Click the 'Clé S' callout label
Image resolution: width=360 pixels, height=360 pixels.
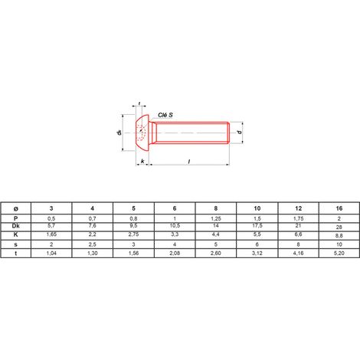point(165,115)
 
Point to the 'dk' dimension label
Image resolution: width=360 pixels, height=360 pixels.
point(119,133)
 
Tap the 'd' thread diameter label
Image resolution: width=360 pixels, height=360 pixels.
point(240,133)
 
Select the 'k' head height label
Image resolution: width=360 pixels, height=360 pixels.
point(142,161)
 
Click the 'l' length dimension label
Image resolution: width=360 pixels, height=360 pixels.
point(189,162)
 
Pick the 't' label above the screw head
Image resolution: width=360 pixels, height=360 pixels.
point(139,103)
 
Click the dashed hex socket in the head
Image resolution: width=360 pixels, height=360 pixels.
point(141,133)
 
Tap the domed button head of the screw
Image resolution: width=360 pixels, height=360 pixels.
point(142,133)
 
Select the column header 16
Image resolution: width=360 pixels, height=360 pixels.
point(339,208)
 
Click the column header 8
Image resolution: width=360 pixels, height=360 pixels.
point(216,208)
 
